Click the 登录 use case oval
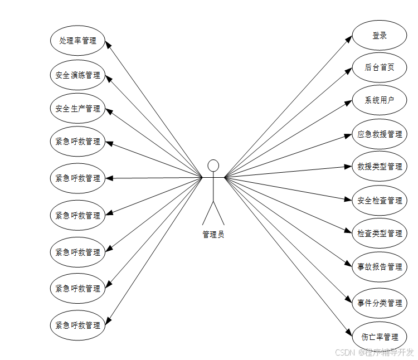pyautogui.click(x=380, y=36)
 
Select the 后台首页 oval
pyautogui.click(x=380, y=67)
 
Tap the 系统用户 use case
pyautogui.click(x=380, y=100)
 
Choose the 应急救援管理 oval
pyautogui.click(x=380, y=134)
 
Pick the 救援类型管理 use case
pyautogui.click(x=380, y=167)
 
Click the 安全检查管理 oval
pyautogui.click(x=380, y=200)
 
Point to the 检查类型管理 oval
pyautogui.click(x=380, y=233)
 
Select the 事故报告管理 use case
pyautogui.click(x=380, y=267)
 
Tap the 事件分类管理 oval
pyautogui.click(x=380, y=303)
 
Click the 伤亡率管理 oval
pyautogui.click(x=380, y=337)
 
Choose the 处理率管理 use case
pyautogui.click(x=77, y=41)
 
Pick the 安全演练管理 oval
pyautogui.click(x=77, y=75)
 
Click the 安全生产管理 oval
pyautogui.click(x=77, y=109)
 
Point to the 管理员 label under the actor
pyautogui.click(x=213, y=235)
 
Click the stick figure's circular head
pyautogui.click(x=213, y=166)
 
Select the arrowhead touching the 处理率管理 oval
pyautogui.click(x=108, y=45)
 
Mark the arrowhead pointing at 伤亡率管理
pyautogui.click(x=349, y=330)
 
